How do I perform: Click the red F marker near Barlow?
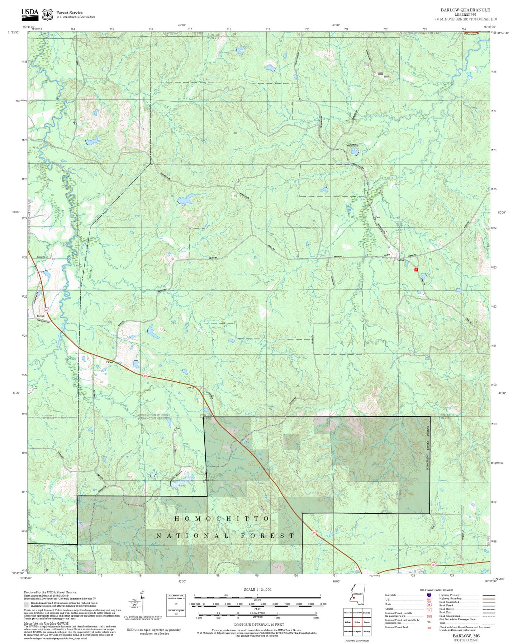(x=416, y=269)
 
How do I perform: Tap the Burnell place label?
(x=41, y=316)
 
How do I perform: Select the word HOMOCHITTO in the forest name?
(x=222, y=519)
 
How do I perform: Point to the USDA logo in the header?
(x=30, y=13)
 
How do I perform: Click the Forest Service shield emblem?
(x=47, y=14)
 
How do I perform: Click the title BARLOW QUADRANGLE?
(x=465, y=10)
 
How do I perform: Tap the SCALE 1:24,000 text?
(x=257, y=589)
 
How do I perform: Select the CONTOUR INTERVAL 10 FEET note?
(x=257, y=625)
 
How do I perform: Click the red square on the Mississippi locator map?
(x=353, y=598)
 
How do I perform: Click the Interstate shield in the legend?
(x=429, y=595)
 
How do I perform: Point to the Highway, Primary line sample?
(x=489, y=595)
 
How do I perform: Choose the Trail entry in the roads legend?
(x=442, y=623)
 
